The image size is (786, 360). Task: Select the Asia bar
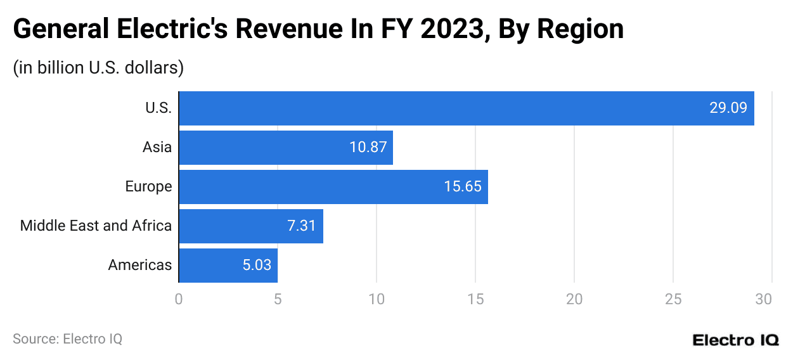click(285, 148)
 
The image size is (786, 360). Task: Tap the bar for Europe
click(333, 187)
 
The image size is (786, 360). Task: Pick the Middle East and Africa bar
click(250, 226)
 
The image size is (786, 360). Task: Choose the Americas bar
click(228, 266)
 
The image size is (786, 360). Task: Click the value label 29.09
click(728, 108)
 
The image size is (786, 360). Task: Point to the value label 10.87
click(368, 148)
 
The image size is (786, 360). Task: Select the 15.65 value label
click(463, 187)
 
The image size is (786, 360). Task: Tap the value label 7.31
click(302, 226)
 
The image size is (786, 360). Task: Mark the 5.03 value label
click(257, 266)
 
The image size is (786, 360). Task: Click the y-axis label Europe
click(148, 187)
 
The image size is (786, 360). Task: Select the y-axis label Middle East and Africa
click(96, 226)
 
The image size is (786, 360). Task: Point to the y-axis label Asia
click(157, 148)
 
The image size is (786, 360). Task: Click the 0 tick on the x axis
click(179, 299)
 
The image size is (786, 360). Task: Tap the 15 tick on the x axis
click(475, 299)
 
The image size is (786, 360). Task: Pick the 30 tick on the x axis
click(771, 299)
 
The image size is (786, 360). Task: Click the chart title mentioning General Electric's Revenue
click(318, 29)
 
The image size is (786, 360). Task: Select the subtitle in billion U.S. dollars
click(98, 68)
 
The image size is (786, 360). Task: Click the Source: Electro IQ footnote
click(67, 339)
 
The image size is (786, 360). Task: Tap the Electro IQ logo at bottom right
click(735, 340)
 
